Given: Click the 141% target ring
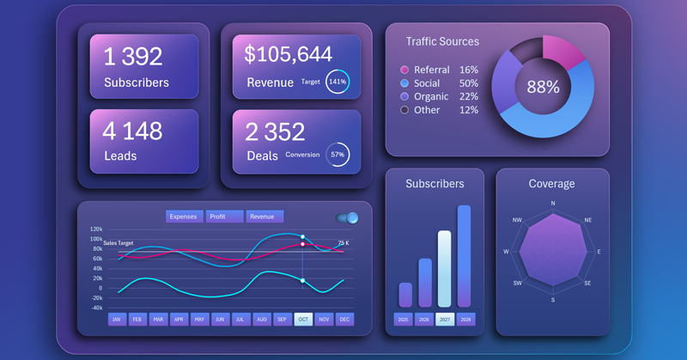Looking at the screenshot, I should pyautogui.click(x=337, y=82).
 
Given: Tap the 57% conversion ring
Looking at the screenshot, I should pyautogui.click(x=337, y=155).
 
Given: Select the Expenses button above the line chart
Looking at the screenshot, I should pyautogui.click(x=183, y=217).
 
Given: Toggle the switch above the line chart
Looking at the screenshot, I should pyautogui.click(x=347, y=218).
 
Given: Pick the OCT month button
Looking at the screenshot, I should pyautogui.click(x=303, y=319).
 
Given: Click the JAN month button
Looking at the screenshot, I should pyautogui.click(x=117, y=319).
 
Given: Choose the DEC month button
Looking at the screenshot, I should pyautogui.click(x=344, y=319).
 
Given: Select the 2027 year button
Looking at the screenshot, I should pyautogui.click(x=444, y=320).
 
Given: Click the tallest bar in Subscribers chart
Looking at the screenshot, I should pyautogui.click(x=465, y=255).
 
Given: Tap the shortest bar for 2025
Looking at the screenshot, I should pyautogui.click(x=405, y=294).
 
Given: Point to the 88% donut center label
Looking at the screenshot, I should pyautogui.click(x=543, y=87).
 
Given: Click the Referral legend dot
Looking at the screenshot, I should pyautogui.click(x=404, y=70).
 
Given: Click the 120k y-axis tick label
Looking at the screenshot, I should pyautogui.click(x=95, y=229).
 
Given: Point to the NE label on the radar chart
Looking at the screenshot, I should pyautogui.click(x=588, y=220).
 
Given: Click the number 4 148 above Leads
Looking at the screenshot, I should pyautogui.click(x=132, y=131).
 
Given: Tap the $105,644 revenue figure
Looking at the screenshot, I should pyautogui.click(x=288, y=55).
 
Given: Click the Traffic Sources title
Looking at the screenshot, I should pyautogui.click(x=443, y=41).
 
